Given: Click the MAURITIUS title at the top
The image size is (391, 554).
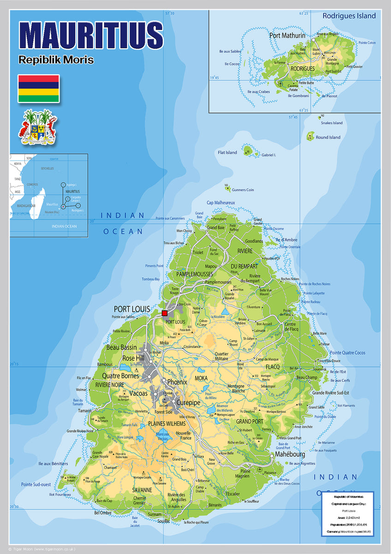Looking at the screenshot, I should click(91, 35).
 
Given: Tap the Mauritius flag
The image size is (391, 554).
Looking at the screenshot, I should click(38, 88).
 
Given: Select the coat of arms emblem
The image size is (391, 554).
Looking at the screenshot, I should click(37, 127).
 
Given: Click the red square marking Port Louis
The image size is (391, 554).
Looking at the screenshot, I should click(165, 313).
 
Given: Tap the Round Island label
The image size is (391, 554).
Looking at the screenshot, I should click(328, 137).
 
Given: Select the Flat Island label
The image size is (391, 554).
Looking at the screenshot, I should click(227, 152).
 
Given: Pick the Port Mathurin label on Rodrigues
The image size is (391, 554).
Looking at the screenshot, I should click(287, 35).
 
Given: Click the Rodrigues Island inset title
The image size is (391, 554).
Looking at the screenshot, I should click(349, 16).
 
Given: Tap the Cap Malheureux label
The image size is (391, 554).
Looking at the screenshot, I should click(221, 203).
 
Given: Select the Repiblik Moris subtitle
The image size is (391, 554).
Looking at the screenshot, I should click(56, 60).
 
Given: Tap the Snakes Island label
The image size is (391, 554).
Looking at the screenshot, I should click(332, 123).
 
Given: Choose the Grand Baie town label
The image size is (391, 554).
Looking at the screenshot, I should click(215, 228).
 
